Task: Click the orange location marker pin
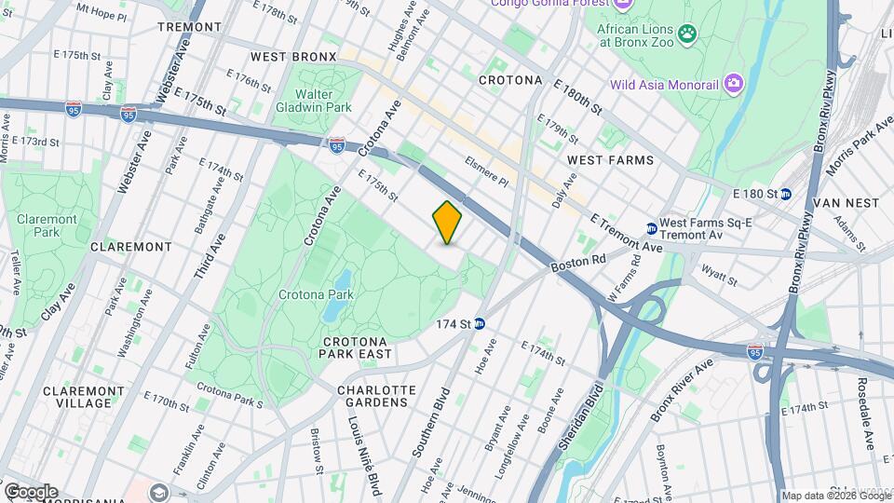point(448,223)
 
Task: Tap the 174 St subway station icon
point(480,324)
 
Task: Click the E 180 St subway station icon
point(786,194)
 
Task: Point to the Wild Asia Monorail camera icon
point(734,85)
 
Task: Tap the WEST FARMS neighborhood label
point(611,161)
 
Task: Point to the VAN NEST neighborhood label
point(847,202)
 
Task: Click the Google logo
point(31,491)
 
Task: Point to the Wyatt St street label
point(721,277)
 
